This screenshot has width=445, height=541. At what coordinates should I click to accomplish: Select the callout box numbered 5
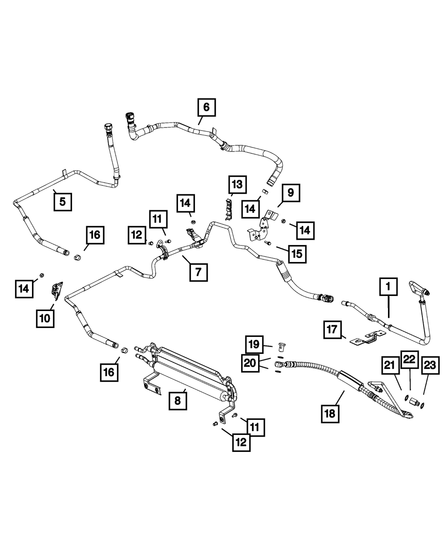(62, 201)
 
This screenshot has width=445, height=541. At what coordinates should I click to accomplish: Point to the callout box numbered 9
(291, 193)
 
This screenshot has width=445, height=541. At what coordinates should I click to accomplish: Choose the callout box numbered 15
(296, 254)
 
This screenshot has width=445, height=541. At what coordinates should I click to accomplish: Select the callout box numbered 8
(177, 401)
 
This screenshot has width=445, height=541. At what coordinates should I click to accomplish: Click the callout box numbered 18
(330, 413)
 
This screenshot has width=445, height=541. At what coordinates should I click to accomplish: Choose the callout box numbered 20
(251, 363)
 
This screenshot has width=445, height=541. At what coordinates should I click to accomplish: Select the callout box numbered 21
(390, 365)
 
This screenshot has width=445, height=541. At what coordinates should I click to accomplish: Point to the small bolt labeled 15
(267, 243)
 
